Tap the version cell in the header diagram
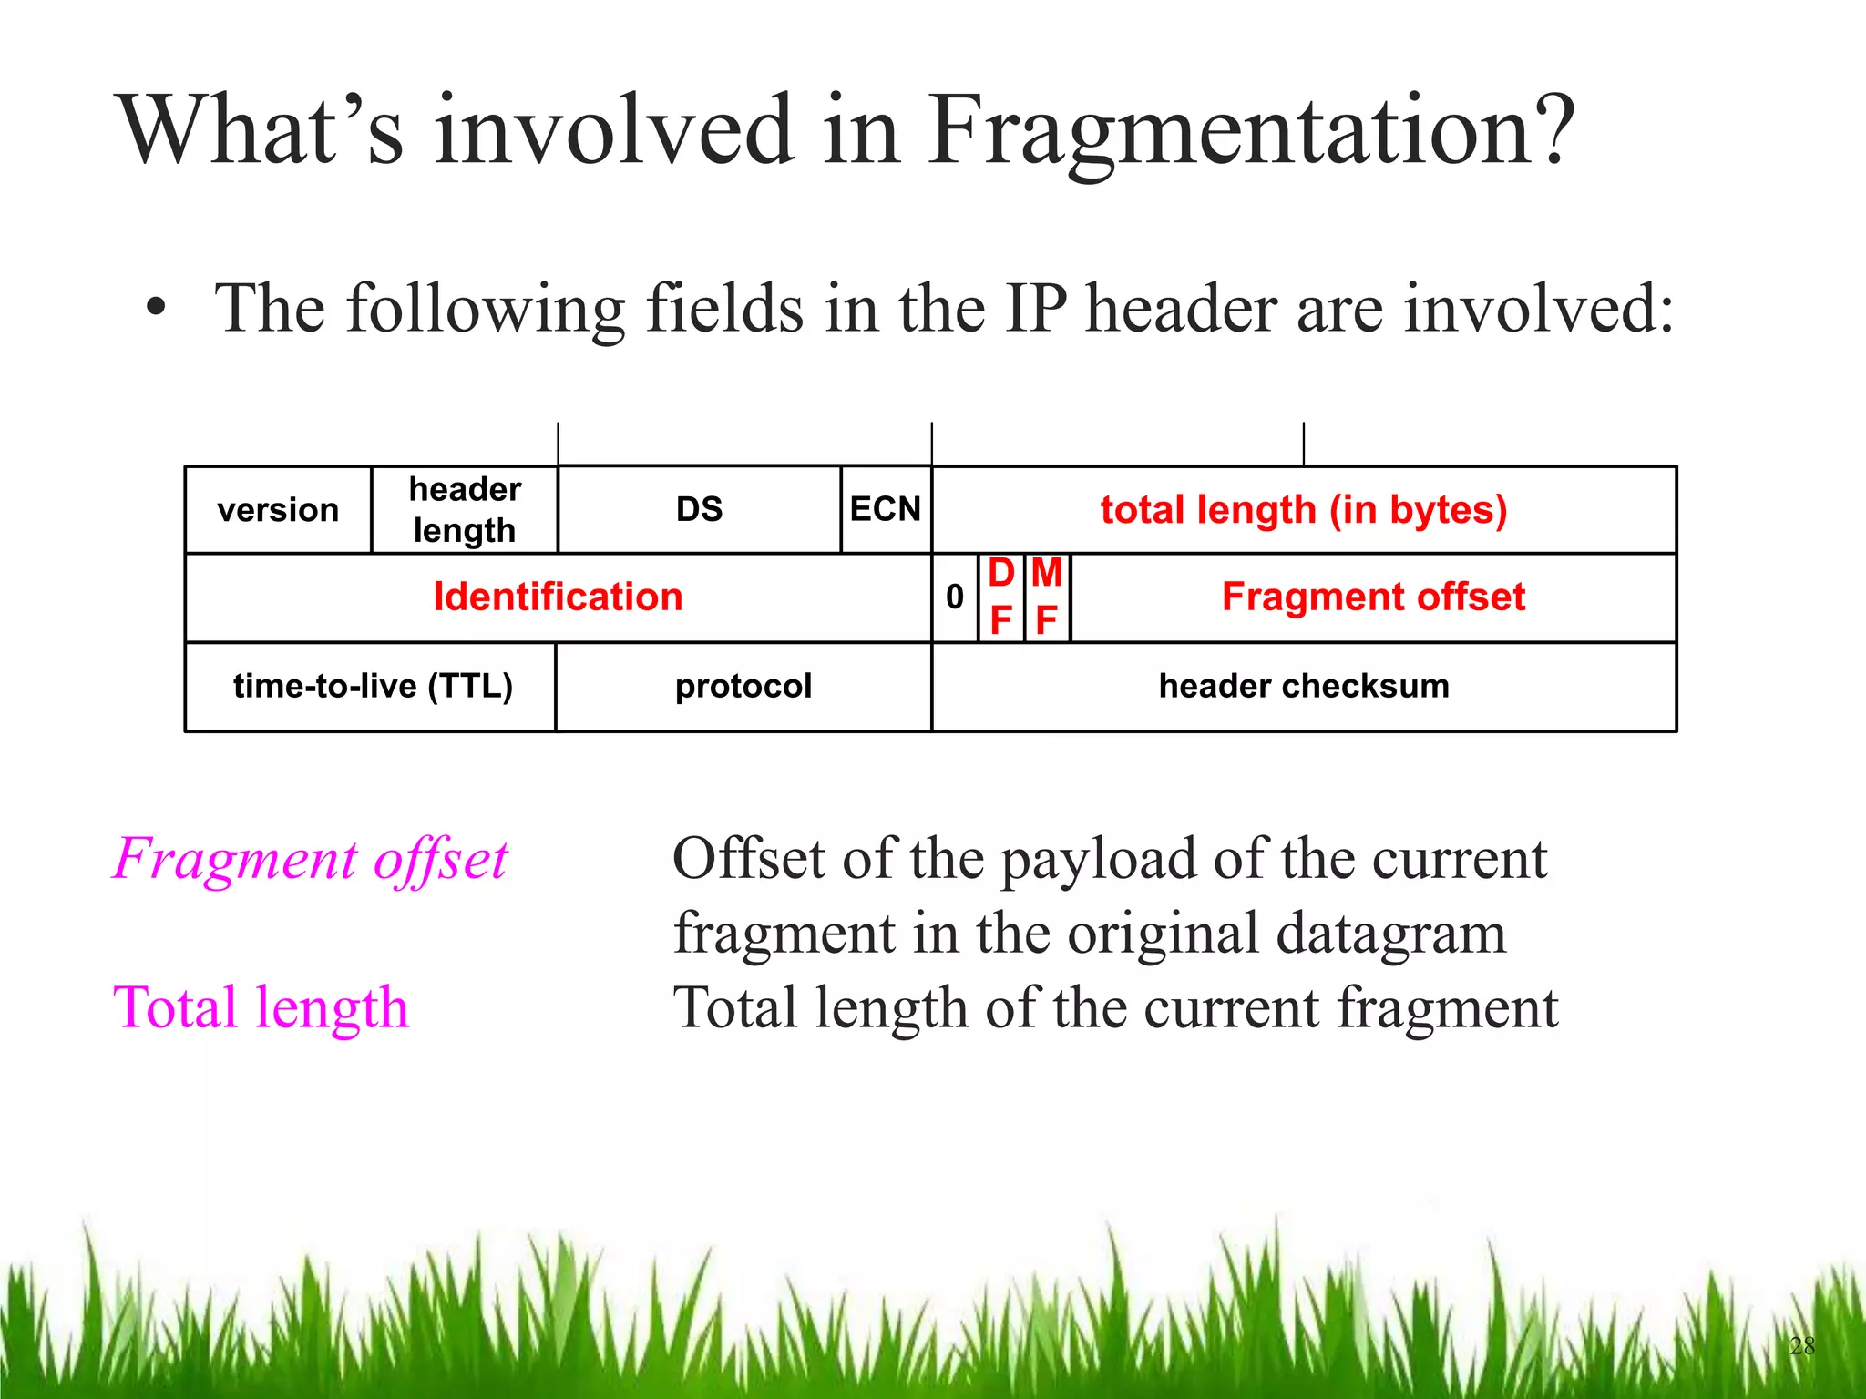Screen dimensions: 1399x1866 278,510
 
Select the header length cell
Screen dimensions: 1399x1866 465,510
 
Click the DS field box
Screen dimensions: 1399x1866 699,510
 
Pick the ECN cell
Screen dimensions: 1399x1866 886,509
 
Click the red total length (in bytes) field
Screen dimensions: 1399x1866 1304,510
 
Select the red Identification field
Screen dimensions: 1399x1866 558,597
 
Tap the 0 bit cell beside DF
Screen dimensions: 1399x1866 954,597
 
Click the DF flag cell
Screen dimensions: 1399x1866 1000,597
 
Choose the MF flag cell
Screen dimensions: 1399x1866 1046,597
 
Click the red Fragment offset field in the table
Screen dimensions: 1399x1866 1373,597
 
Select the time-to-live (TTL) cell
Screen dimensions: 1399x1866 372,686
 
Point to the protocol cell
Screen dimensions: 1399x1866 743,686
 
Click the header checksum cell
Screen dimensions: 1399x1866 1304,686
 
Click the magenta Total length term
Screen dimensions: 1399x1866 261,1008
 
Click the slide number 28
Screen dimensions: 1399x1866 1801,1345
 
